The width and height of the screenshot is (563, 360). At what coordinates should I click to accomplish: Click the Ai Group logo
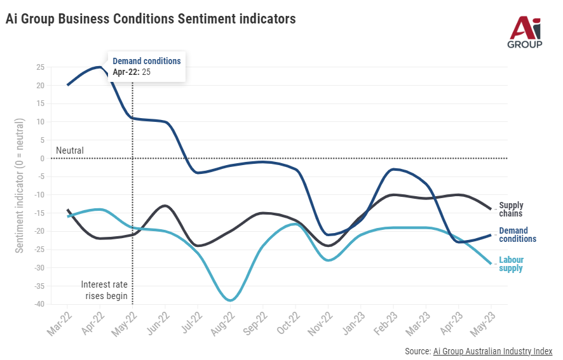coord(525,32)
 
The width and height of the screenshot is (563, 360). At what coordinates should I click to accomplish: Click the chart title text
coord(151,18)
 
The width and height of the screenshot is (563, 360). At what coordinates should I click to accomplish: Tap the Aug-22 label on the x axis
coord(223,323)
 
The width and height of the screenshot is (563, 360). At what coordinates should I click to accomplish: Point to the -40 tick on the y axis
coord(39,304)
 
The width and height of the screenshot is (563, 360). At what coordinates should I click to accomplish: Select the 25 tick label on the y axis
coord(40,67)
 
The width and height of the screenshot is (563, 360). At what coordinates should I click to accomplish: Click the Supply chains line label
coord(511,210)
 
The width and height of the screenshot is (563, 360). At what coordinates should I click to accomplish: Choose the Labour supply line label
coord(511,263)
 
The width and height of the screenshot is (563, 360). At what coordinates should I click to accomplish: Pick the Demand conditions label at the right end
coord(517,235)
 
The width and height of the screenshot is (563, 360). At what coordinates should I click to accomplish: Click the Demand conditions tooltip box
coord(147,67)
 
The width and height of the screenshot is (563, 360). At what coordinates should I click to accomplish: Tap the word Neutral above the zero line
coord(70,150)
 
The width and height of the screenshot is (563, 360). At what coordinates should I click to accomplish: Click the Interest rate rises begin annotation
coord(104,290)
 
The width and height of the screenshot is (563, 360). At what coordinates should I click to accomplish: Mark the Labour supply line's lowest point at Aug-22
coord(230,300)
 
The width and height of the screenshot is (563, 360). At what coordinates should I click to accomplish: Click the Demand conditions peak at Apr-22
coord(100,67)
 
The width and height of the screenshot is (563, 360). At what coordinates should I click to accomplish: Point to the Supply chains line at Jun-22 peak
coord(165,206)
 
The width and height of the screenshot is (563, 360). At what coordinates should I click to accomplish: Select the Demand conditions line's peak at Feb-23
coord(393,169)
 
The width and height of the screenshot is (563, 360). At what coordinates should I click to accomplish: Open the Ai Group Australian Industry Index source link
coord(492,351)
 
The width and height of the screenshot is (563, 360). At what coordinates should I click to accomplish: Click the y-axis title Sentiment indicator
coord(20,185)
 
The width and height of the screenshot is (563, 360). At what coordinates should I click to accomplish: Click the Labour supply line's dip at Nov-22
coord(328,260)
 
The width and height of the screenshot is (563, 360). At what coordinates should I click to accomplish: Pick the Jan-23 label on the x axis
coord(353,323)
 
